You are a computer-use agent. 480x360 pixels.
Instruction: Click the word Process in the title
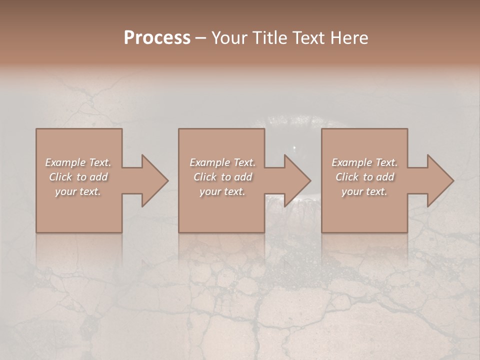pos(157,38)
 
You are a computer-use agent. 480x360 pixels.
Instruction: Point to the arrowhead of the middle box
pos(297,180)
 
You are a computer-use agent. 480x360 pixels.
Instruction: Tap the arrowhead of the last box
pos(440,180)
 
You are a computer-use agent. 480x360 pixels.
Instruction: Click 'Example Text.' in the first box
pos(78,162)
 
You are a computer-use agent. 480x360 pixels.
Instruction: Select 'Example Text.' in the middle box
pos(222,162)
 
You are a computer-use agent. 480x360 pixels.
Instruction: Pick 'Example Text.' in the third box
pos(364,162)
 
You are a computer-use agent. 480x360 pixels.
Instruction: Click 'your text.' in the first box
pos(78,191)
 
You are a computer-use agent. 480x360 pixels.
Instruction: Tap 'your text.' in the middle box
pos(222,191)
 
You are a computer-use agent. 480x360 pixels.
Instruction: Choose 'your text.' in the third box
pos(364,191)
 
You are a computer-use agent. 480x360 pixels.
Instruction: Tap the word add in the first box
pos(99,177)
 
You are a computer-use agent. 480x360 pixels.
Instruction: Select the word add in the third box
pos(385,177)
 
